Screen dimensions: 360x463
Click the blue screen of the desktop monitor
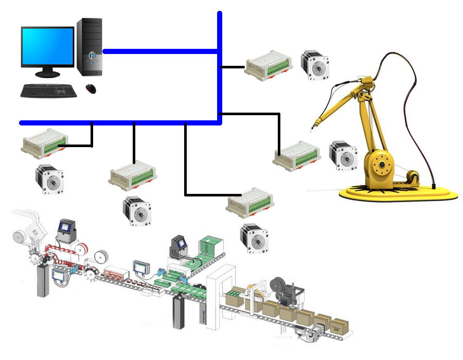pyautogui.click(x=47, y=46)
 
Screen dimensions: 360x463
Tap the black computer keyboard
pyautogui.click(x=49, y=91)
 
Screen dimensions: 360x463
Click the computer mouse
pyautogui.click(x=91, y=88)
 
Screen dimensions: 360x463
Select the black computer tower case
pyautogui.click(x=90, y=46)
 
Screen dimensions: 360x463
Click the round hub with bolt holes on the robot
pyautogui.click(x=381, y=165)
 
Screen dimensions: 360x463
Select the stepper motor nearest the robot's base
pyautogui.click(x=343, y=155)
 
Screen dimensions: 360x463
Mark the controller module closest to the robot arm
pyautogui.click(x=296, y=155)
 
